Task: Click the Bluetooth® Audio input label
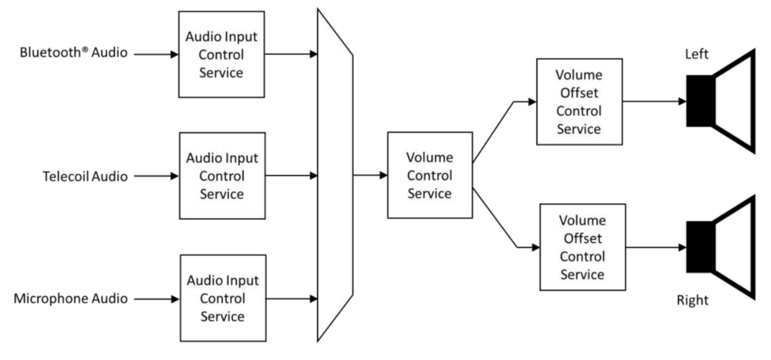(73, 53)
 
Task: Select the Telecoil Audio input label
(85, 176)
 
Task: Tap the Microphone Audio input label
(70, 299)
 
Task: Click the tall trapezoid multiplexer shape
(335, 175)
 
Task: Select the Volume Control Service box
(430, 175)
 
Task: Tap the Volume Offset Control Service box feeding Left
(579, 101)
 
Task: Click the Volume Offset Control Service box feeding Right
(582, 247)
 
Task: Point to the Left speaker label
(697, 54)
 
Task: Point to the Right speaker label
(692, 300)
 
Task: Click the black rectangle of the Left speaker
(700, 101)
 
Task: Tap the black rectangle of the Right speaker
(700, 247)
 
